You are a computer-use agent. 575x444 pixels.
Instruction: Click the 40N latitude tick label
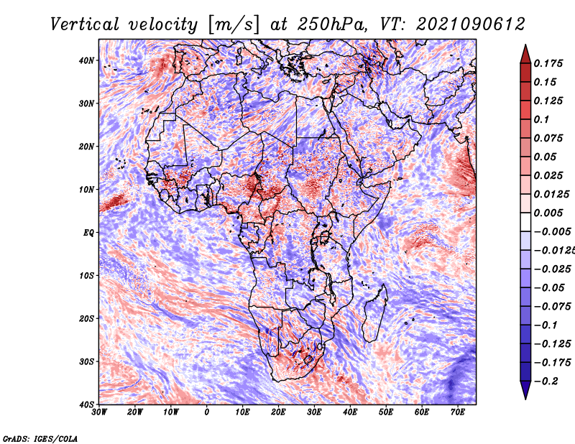click(86, 60)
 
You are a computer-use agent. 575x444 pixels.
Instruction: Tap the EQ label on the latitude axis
click(88, 233)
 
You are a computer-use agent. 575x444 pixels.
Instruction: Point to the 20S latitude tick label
click(86, 318)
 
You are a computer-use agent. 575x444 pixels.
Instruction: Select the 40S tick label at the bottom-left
click(86, 404)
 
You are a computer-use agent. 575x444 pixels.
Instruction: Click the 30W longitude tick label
click(99, 412)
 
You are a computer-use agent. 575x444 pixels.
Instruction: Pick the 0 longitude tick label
click(207, 412)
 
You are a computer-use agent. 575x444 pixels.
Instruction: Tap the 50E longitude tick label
click(386, 412)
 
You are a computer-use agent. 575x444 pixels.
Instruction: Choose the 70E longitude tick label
click(458, 412)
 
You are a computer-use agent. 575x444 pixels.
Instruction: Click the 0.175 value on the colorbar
click(548, 64)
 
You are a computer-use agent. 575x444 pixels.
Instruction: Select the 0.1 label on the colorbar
click(542, 119)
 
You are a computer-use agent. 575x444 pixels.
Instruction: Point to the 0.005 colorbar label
click(548, 213)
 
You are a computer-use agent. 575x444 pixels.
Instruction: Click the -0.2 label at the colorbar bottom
click(546, 381)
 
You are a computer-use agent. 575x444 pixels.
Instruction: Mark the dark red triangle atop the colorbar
click(525, 55)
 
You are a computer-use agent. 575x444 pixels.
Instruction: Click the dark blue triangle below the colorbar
click(525, 390)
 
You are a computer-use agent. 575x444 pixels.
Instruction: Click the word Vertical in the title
click(85, 24)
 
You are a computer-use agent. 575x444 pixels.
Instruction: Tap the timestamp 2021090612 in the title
click(471, 24)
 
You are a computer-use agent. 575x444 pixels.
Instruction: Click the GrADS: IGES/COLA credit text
click(40, 439)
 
